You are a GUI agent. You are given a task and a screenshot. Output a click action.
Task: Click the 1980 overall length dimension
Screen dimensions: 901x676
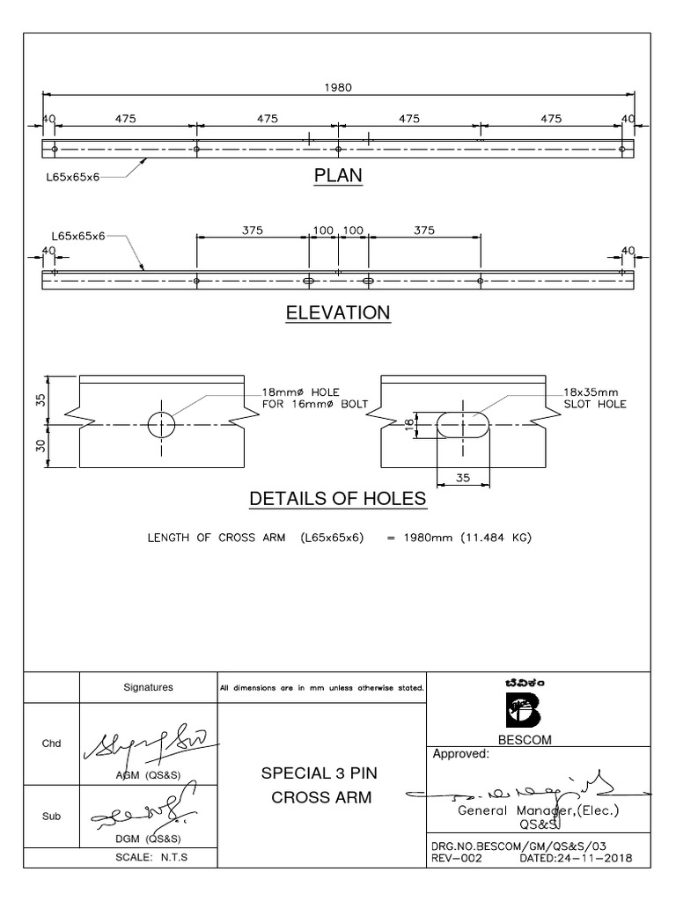338,87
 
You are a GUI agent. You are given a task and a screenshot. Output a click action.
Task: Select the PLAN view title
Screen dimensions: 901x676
338,176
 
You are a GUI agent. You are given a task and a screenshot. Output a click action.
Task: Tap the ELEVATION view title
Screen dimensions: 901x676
338,313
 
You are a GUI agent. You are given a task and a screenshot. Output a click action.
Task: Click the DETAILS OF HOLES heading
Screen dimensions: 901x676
338,499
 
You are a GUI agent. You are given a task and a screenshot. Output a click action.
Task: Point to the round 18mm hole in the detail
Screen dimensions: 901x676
161,424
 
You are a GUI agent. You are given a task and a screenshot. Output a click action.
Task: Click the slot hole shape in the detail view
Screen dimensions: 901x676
463,424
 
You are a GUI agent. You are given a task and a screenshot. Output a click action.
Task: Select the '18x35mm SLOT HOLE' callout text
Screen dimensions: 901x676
594,398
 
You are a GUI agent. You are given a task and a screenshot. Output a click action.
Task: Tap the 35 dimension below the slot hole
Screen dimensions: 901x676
464,477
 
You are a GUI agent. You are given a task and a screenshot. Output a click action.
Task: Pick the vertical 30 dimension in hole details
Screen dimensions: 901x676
40,445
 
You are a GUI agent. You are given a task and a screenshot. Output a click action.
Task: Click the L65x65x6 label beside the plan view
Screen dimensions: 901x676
73,177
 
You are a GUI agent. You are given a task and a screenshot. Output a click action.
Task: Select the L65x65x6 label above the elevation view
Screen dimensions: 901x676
77,236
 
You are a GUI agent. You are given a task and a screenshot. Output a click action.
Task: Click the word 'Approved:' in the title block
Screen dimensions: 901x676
459,753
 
